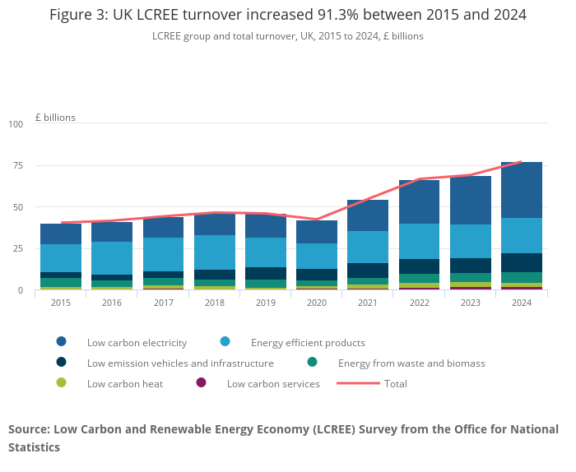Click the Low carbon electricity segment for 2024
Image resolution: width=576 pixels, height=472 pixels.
(x=522, y=190)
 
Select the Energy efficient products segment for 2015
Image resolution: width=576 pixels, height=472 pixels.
(x=61, y=258)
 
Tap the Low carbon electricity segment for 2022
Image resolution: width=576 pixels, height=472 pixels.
(x=420, y=201)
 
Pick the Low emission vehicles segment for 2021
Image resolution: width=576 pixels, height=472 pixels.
(x=368, y=271)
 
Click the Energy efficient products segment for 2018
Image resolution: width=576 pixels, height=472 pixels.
(x=215, y=252)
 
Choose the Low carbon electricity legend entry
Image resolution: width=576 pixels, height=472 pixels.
(x=137, y=342)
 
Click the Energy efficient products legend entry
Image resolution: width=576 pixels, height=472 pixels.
(x=307, y=342)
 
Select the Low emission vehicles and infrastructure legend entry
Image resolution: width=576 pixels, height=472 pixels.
(x=180, y=363)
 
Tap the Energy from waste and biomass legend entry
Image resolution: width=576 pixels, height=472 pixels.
(x=411, y=363)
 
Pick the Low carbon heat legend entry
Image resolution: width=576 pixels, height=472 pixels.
(x=124, y=383)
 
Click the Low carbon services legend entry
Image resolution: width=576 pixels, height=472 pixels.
(x=272, y=383)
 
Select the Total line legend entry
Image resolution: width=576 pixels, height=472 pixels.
(x=395, y=383)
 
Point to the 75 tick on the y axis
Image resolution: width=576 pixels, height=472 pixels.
(x=18, y=165)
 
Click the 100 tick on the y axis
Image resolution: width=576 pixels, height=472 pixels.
(x=16, y=124)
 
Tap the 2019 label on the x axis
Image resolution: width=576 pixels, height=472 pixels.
(x=266, y=303)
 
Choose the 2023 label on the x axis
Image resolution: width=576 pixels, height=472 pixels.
(x=471, y=303)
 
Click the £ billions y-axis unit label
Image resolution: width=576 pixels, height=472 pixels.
(x=55, y=118)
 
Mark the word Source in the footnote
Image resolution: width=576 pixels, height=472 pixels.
(x=28, y=429)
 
